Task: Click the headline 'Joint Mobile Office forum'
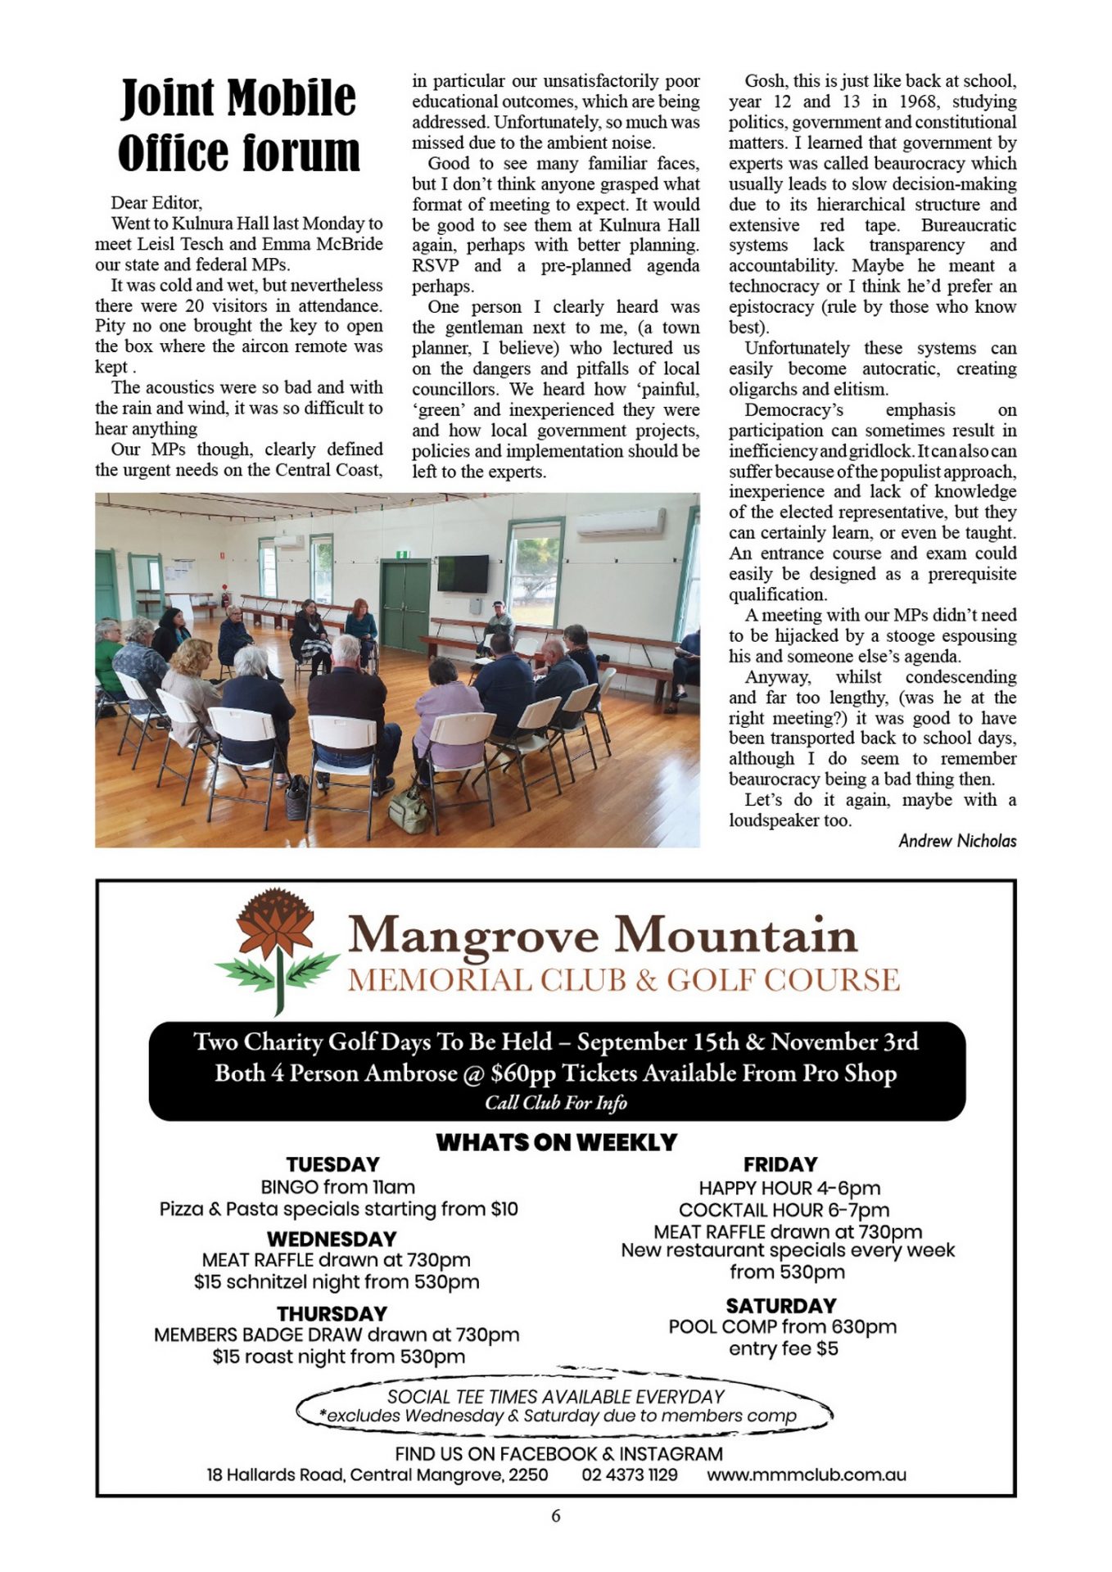(238, 125)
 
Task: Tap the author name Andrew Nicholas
(956, 841)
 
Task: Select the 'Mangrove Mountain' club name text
(603, 934)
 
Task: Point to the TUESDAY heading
(332, 1164)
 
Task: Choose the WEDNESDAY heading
(332, 1239)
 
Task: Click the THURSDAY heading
(332, 1313)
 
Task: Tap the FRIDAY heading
(780, 1164)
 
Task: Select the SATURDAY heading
(781, 1305)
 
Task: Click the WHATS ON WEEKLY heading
(556, 1142)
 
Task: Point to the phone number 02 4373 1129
(630, 1475)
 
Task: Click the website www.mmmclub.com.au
(807, 1475)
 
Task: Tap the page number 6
(556, 1516)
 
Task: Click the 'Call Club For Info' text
(556, 1103)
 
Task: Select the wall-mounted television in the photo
(463, 573)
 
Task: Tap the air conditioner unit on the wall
(620, 523)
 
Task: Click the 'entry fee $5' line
(784, 1348)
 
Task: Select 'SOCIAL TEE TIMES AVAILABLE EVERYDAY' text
(556, 1396)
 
